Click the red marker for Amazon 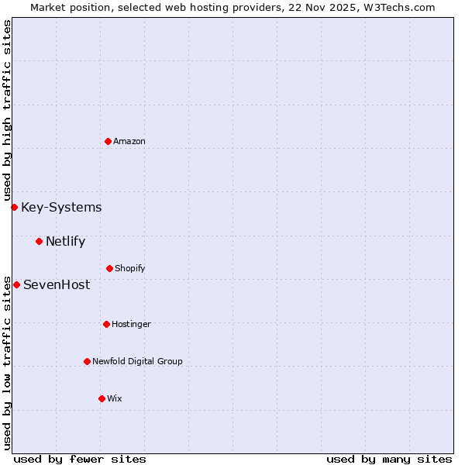(108, 141)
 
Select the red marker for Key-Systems (14, 207)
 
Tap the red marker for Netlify (39, 241)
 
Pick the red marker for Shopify (109, 268)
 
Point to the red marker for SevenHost (16, 284)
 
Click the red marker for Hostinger (106, 324)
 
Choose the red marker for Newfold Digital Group (87, 361)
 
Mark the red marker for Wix (102, 398)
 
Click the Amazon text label (129, 141)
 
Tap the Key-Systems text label (61, 207)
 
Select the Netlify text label (65, 241)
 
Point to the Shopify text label (130, 268)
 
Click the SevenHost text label (57, 284)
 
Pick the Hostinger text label (131, 324)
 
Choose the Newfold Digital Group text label (137, 361)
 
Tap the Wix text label (115, 398)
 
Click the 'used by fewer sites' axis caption (80, 459)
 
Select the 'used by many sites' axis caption (389, 459)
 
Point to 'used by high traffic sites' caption (7, 111)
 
